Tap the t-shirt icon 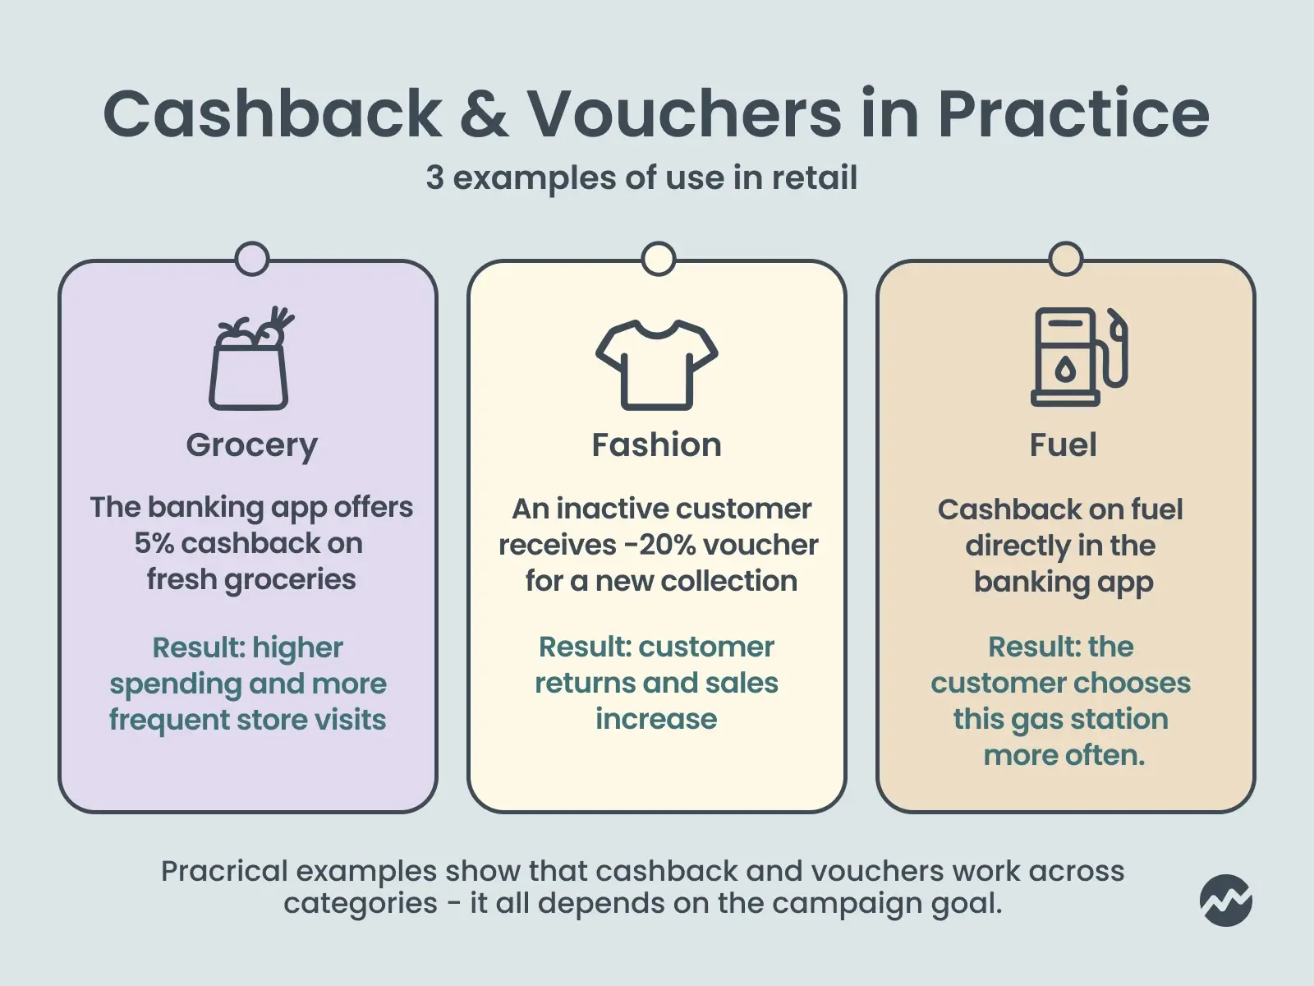[x=656, y=364]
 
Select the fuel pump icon [x=1077, y=357]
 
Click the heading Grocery [x=251, y=445]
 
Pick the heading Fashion [x=656, y=445]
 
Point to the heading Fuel [x=1063, y=445]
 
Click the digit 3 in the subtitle [x=434, y=178]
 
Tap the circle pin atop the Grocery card [x=251, y=259]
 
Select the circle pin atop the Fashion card [x=658, y=259]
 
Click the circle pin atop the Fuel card [x=1065, y=259]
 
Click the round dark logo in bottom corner [x=1225, y=900]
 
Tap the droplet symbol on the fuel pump [x=1065, y=371]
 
